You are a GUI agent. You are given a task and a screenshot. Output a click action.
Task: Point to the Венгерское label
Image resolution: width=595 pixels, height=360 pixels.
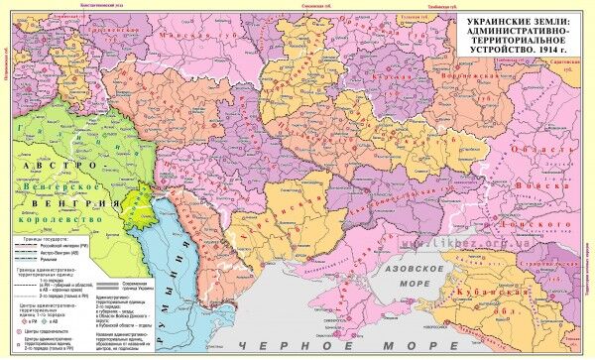[x=63, y=184]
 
